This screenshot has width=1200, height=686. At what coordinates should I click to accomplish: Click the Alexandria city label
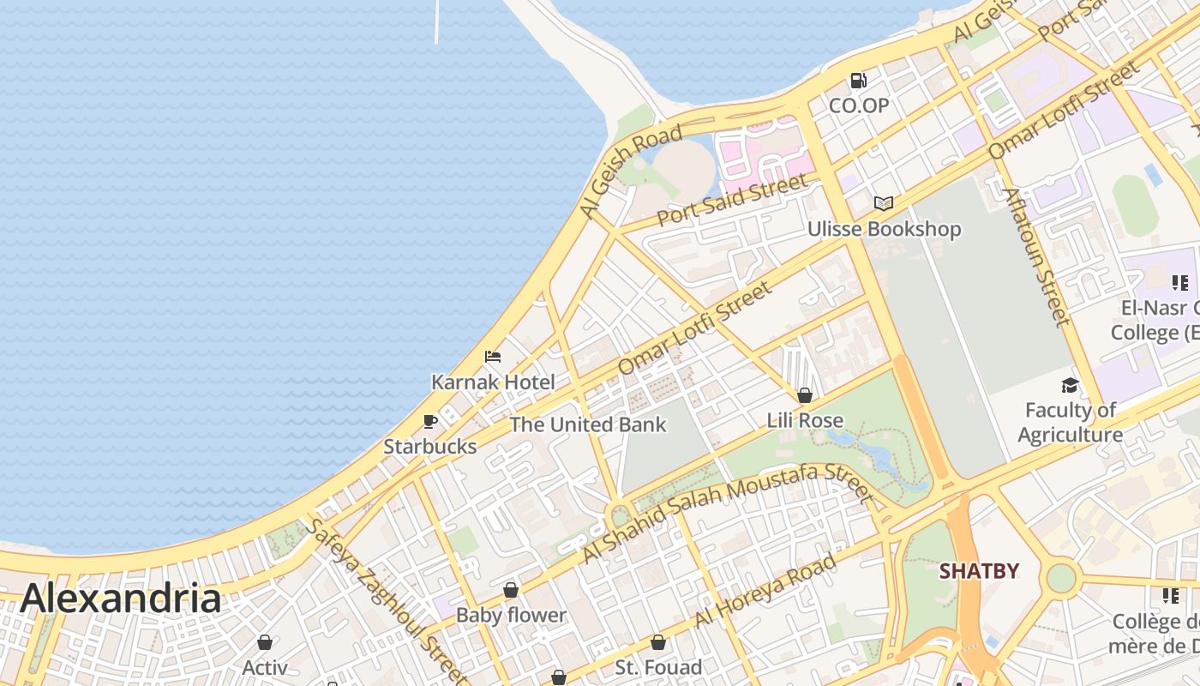120,599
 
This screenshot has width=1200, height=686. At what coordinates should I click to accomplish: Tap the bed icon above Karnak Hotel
493,357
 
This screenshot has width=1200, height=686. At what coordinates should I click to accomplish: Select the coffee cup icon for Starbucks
430,421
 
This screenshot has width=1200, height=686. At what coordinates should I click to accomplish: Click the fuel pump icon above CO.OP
858,81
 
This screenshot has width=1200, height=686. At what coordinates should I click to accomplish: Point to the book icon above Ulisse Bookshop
884,203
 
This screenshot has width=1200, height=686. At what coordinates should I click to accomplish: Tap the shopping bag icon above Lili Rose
805,395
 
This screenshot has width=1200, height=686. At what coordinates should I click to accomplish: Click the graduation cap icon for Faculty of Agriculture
1070,385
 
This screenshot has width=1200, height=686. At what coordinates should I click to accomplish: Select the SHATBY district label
979,571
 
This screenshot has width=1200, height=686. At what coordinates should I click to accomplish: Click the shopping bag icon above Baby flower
511,590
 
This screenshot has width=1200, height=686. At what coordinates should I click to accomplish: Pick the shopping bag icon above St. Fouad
658,642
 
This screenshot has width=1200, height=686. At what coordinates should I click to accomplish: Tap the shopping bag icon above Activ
265,642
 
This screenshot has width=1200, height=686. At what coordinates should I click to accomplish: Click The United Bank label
588,424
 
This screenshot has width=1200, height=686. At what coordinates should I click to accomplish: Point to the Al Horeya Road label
765,591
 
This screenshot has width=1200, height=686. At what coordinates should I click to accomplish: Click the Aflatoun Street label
1038,257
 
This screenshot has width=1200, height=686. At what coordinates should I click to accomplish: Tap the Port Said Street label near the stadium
732,201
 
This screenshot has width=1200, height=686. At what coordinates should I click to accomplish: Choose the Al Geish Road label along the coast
630,171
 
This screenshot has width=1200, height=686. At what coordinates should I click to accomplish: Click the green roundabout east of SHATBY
1061,578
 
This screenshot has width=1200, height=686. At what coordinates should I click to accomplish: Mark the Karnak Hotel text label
493,382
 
